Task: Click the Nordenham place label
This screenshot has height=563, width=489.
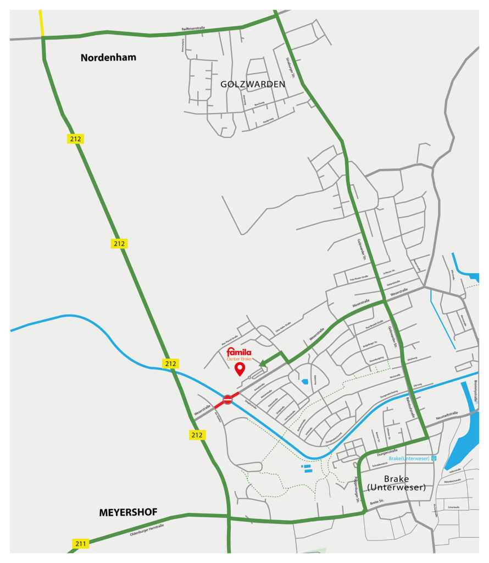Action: pyautogui.click(x=108, y=57)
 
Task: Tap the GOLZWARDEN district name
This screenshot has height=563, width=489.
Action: pyautogui.click(x=253, y=84)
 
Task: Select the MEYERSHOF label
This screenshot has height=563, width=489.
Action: pyautogui.click(x=128, y=512)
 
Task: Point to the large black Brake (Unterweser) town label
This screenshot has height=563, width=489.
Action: pyautogui.click(x=397, y=483)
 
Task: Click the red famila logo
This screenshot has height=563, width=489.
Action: pyautogui.click(x=239, y=351)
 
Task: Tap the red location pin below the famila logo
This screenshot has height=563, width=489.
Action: pyautogui.click(x=240, y=369)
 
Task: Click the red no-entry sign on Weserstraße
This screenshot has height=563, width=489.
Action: pyautogui.click(x=228, y=399)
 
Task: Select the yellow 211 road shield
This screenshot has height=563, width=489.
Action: pyautogui.click(x=80, y=544)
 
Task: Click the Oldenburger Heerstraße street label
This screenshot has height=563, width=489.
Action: pyautogui.click(x=147, y=529)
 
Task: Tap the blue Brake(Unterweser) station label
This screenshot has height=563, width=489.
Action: pyautogui.click(x=409, y=458)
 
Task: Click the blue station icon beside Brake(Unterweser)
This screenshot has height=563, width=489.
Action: pyautogui.click(x=434, y=458)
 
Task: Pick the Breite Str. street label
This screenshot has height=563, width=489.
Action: pyautogui.click(x=377, y=503)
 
